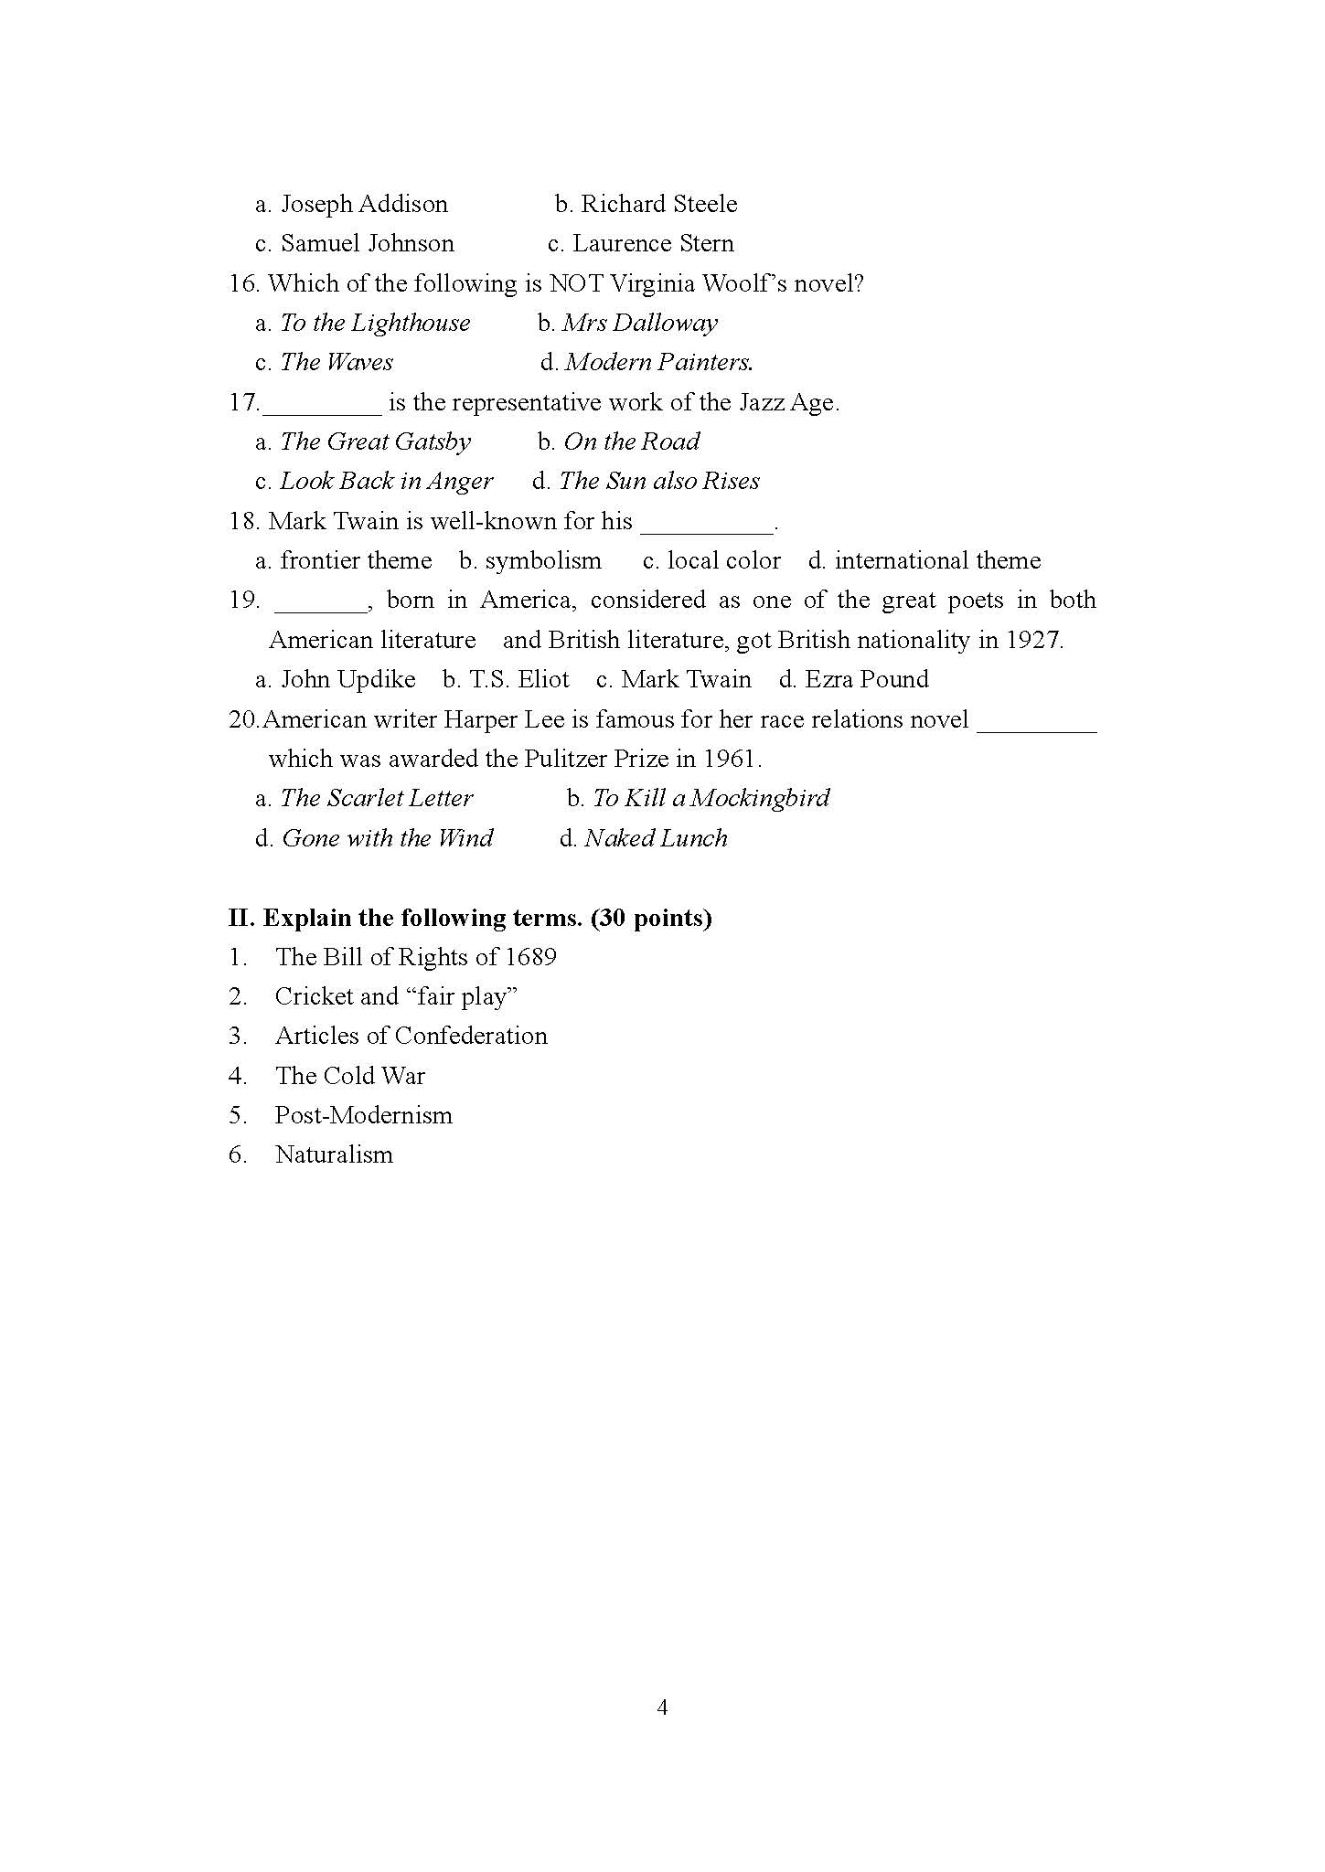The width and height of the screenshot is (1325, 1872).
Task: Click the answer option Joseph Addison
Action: (364, 204)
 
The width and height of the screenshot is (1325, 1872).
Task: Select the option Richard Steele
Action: (658, 204)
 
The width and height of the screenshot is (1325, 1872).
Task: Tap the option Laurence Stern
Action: (653, 243)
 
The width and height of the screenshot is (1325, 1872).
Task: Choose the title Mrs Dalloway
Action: (639, 323)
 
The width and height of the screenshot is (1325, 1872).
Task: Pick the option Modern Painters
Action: (658, 363)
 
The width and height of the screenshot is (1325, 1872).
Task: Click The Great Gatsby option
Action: (375, 442)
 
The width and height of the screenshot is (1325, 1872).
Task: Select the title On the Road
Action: (631, 442)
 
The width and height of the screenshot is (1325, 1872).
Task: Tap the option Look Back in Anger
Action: (386, 482)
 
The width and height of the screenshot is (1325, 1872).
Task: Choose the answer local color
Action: (723, 561)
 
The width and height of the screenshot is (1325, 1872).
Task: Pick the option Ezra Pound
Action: (866, 680)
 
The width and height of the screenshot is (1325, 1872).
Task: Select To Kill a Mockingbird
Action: (711, 799)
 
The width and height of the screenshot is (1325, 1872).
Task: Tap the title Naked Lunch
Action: (656, 838)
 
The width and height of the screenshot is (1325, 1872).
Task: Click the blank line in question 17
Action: (322, 404)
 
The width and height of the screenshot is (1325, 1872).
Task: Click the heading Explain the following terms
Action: (486, 918)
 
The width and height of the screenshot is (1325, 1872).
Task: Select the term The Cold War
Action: (350, 1076)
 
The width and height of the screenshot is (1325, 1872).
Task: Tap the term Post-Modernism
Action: (364, 1115)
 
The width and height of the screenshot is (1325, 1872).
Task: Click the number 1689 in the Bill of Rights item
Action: (530, 957)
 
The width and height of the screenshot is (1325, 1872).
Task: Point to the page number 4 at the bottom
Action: (662, 1707)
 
